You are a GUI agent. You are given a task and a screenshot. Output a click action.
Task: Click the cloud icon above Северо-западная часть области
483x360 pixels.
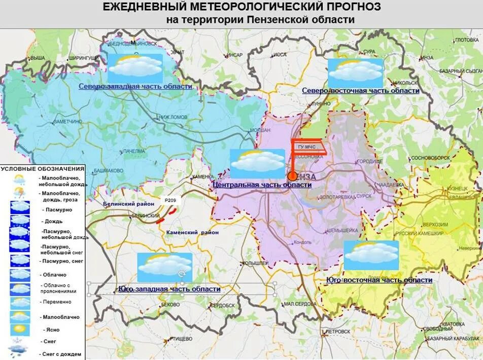pos(135,68)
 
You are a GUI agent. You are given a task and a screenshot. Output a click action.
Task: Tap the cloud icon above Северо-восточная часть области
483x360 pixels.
pos(355,73)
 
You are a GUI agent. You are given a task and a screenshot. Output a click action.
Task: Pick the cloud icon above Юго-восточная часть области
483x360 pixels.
pos(371,255)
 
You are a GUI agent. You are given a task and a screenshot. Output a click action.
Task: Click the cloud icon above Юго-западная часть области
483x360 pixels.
pos(165,267)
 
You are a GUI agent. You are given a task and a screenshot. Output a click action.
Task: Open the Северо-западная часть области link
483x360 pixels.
pos(135,87)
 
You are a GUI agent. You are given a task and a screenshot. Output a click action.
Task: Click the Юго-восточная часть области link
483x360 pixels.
pos(379,280)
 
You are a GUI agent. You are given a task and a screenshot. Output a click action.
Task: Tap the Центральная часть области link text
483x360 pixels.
pos(262,185)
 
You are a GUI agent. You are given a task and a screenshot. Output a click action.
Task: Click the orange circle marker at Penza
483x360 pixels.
pos(292,176)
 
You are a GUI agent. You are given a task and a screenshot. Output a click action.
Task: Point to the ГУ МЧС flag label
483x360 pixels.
pos(308,147)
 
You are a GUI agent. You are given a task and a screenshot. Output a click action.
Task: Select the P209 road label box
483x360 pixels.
pos(170,201)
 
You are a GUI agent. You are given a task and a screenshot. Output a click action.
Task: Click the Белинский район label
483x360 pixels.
pos(128,203)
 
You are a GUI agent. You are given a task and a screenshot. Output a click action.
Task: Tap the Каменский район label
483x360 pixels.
pos(192,232)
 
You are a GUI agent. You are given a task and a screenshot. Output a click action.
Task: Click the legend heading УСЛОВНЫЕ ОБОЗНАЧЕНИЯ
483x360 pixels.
pos(42,168)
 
